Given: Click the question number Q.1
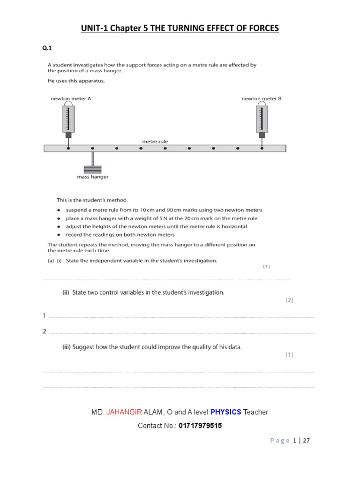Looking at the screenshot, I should [x=47, y=48].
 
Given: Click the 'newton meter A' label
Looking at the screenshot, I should [x=71, y=99].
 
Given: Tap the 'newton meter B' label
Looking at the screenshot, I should [x=262, y=99].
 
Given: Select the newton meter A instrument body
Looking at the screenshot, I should [x=68, y=119].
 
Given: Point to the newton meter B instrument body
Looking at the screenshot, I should [x=262, y=119].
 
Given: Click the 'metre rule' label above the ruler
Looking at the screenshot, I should [x=155, y=141].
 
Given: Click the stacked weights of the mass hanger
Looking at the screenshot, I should [x=92, y=169].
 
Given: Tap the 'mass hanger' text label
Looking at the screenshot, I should [x=92, y=177].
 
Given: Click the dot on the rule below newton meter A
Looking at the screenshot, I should [x=68, y=148].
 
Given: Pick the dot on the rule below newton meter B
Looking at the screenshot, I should [x=262, y=148].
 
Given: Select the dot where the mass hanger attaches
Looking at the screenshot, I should [x=92, y=148].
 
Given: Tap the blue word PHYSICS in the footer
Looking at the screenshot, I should [x=225, y=412].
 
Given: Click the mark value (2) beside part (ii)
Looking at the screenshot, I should [x=289, y=300].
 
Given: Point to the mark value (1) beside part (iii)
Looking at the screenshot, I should [x=289, y=355].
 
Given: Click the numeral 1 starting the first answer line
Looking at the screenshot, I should [x=44, y=316].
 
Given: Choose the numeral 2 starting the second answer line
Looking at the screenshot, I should [x=44, y=331].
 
